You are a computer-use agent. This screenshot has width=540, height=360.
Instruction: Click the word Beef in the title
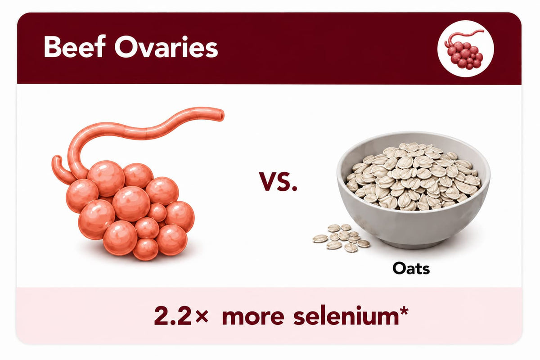point(75,46)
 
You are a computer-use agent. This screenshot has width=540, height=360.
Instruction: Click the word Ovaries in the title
point(166,46)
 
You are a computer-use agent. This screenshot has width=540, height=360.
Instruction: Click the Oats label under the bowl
point(411,268)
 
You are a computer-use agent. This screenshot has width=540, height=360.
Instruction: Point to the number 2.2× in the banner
point(181,315)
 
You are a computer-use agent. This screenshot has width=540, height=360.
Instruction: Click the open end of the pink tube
point(221,115)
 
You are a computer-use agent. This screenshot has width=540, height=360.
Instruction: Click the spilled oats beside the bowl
point(342,238)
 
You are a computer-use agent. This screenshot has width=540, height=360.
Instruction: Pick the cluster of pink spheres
point(130,210)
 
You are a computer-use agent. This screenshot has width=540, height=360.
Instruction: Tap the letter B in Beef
point(52,46)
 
